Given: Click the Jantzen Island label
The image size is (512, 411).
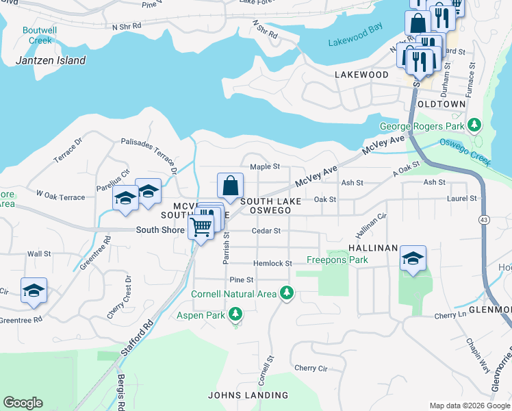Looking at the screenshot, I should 51,60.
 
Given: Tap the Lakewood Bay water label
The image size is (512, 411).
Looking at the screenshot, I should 355,42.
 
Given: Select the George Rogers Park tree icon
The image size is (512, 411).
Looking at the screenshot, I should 474,126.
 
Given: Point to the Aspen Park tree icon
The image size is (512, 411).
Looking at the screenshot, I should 235,314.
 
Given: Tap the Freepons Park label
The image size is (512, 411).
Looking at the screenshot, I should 337,260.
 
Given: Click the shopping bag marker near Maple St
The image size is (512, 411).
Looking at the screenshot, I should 231,185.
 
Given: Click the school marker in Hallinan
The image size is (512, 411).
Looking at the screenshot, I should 413,258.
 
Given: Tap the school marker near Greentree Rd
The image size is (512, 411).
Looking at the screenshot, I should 34,290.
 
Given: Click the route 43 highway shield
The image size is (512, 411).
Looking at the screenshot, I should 484,219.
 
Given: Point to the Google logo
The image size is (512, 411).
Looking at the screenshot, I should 23,403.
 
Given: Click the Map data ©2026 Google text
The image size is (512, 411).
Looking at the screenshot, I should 469,405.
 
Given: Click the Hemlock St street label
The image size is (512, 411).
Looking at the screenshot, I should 272,264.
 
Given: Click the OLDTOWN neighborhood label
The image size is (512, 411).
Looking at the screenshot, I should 441,104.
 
